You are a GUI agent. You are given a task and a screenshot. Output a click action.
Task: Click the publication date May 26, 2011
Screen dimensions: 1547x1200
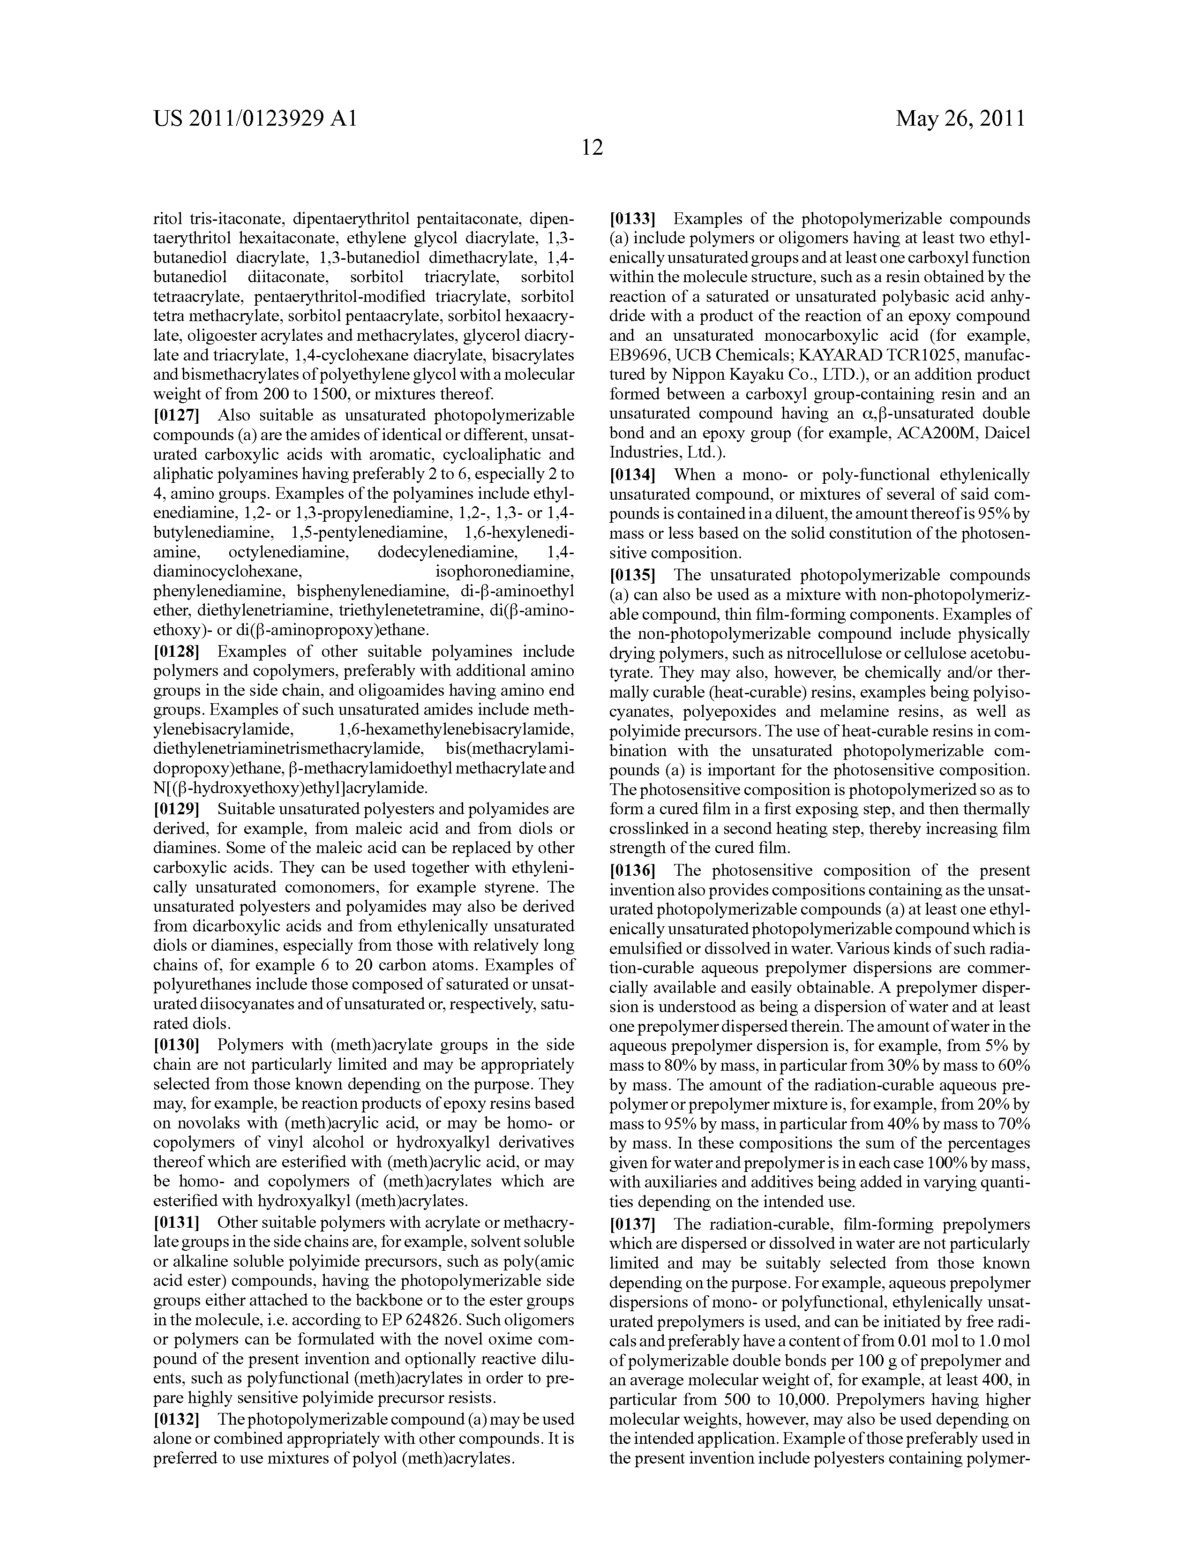(x=960, y=118)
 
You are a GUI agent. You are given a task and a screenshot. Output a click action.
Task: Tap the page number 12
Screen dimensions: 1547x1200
(x=592, y=147)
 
